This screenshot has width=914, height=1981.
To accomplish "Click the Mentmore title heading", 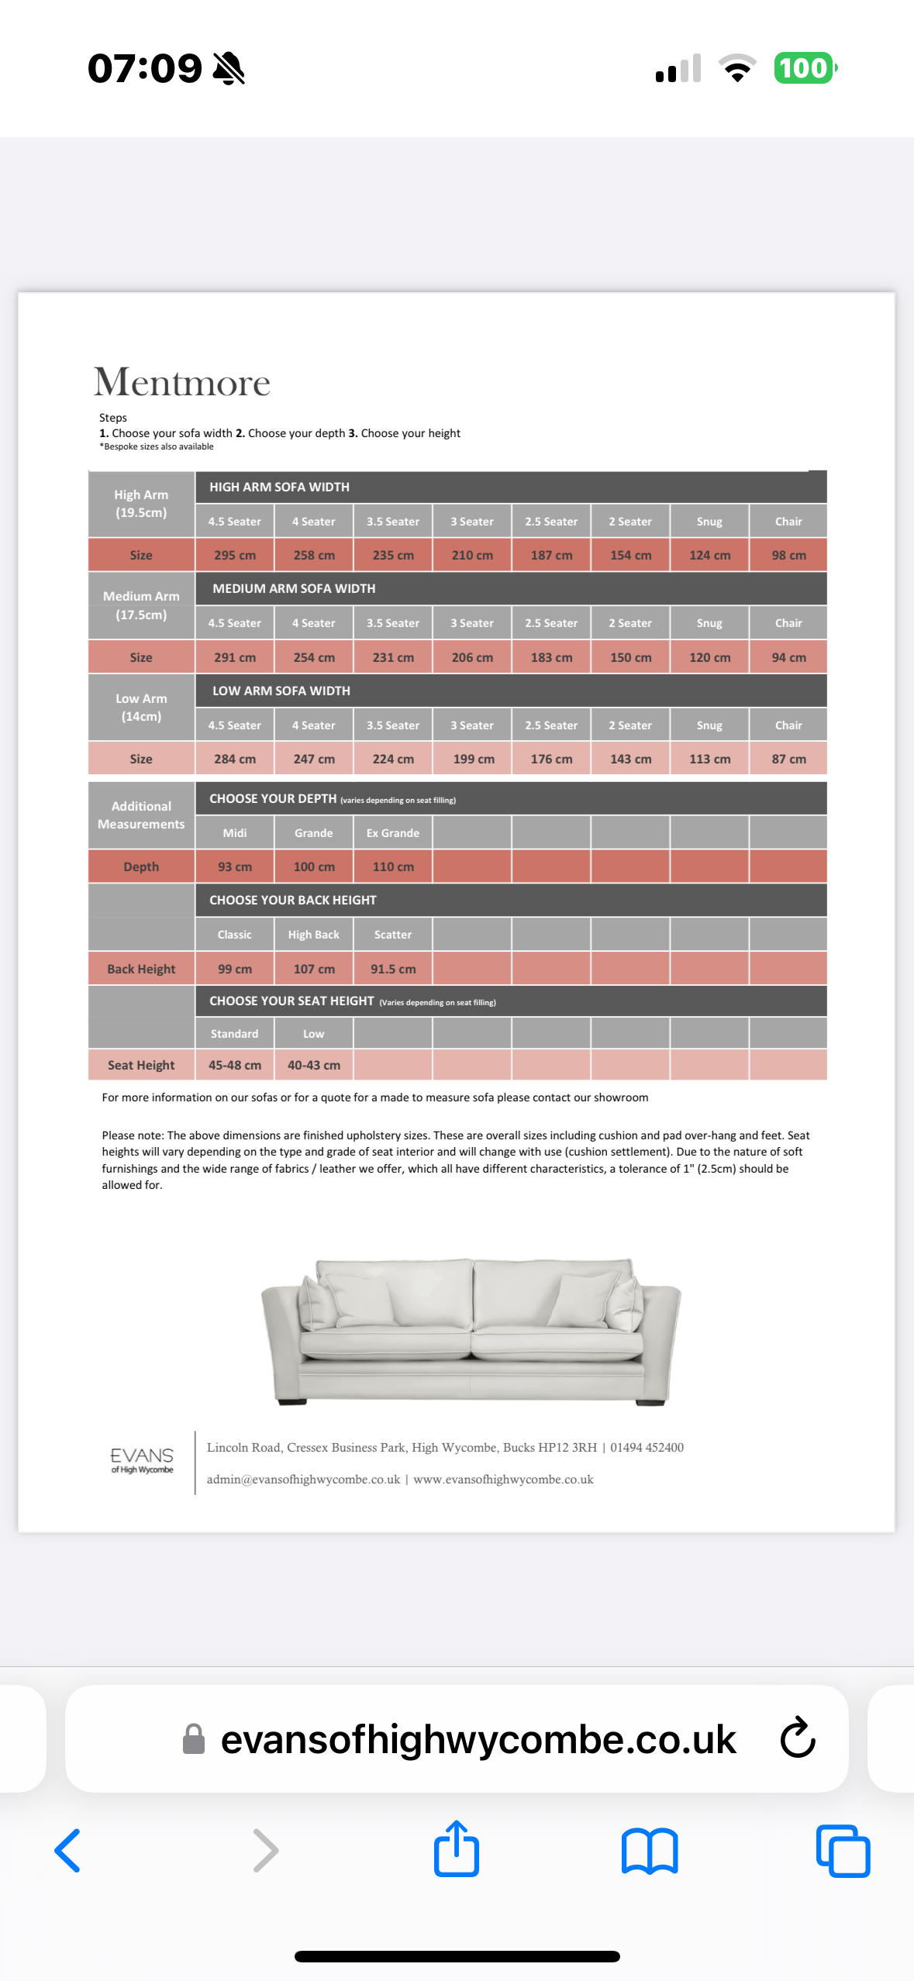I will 182,382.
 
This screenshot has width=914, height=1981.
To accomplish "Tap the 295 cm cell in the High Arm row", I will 235,556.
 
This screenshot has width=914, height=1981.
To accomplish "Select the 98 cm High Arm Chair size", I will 788,556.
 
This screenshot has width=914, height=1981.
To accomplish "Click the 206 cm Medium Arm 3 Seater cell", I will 472,657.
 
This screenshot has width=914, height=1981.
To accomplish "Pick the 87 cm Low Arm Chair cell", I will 788,759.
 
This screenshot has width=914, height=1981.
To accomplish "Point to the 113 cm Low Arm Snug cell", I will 709,759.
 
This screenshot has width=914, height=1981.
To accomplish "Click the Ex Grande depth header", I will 393,833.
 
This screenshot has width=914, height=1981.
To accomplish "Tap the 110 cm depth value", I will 393,866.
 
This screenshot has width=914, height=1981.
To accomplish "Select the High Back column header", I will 314,935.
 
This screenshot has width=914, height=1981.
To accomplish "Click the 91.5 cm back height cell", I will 393,969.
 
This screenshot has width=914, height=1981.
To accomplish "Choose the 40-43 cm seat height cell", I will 314,1065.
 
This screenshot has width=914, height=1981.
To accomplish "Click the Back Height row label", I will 141,969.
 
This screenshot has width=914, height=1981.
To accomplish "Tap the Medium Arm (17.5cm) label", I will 141,605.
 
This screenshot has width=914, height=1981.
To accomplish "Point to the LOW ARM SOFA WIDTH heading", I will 281,691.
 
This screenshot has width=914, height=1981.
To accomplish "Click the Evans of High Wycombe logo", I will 142,1459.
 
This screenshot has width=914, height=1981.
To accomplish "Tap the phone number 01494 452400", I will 647,1447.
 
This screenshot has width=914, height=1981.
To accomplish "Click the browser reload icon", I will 798,1738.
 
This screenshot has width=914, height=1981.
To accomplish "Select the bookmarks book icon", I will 650,1851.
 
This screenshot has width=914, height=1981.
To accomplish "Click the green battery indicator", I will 805,68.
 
